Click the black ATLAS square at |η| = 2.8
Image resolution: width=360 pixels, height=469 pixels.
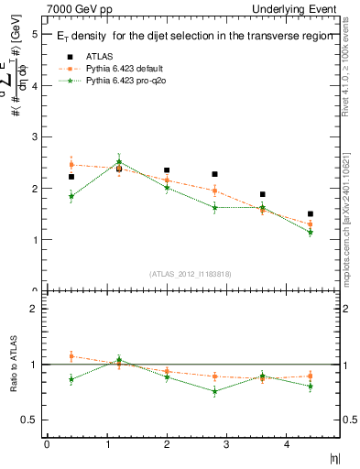point(214,174)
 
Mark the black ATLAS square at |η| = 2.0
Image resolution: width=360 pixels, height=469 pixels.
point(167,169)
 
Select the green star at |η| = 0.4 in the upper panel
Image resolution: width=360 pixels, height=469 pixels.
point(71,196)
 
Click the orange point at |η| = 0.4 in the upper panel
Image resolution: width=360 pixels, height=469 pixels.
point(71,165)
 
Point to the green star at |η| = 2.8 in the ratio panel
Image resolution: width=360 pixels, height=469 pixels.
point(214,391)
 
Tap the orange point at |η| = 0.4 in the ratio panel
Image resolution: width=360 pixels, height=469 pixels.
point(71,356)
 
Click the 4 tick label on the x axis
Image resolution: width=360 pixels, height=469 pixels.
point(287,444)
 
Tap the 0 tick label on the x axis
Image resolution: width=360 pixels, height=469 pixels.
point(47,444)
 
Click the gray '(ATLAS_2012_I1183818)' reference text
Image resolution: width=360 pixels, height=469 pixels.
point(191,274)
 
